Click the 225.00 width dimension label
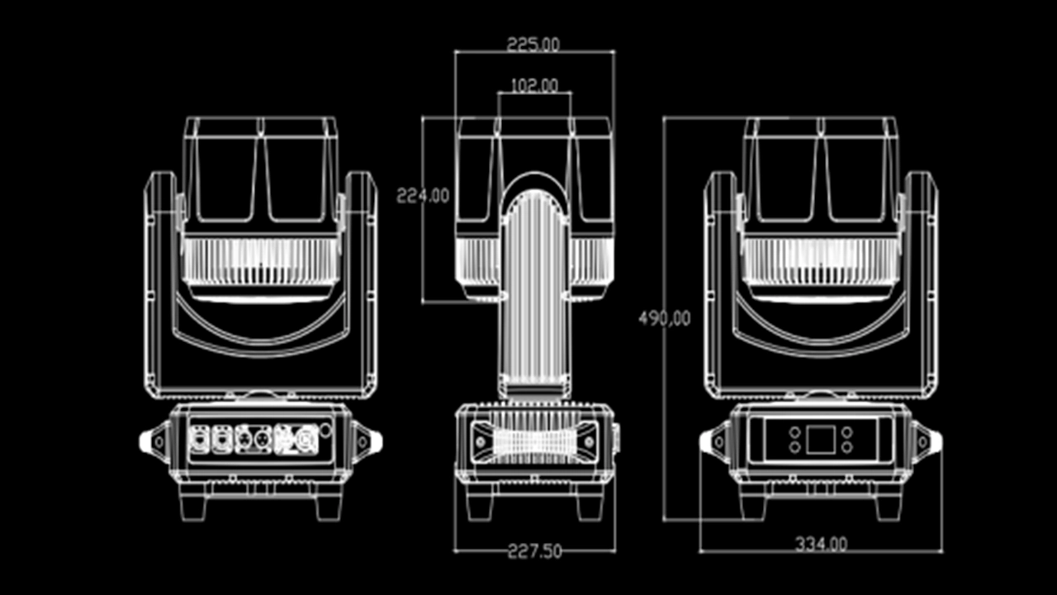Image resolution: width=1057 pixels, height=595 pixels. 533,44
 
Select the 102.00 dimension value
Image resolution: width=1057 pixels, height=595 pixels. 534,84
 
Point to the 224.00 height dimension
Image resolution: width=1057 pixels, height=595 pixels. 423,196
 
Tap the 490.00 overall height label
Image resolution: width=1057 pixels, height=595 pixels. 664,317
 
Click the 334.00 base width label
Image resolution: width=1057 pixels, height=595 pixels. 821,544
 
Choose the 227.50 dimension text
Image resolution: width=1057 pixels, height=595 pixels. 534,551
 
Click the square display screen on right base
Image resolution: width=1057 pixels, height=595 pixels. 820,440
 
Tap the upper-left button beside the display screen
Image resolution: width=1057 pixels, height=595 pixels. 794,431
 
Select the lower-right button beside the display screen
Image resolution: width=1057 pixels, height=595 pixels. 846,447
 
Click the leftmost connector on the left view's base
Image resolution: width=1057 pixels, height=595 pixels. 200,438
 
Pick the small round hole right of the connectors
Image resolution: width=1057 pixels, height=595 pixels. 325,428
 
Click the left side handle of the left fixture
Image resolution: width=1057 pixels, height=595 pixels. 154,440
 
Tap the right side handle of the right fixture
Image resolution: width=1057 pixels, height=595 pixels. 927,440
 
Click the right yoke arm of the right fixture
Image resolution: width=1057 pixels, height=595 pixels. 919,281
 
